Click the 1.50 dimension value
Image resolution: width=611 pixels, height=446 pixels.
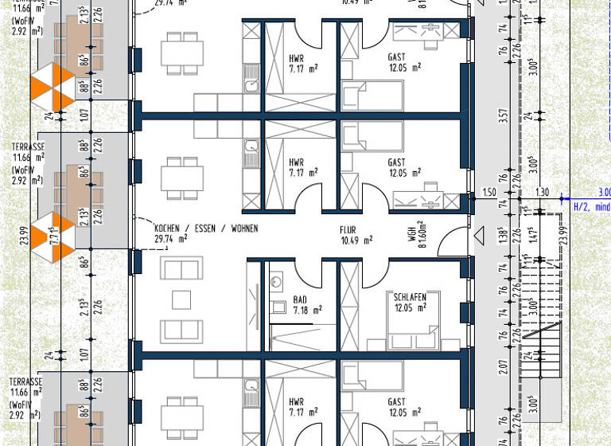pyautogui.click(x=490, y=193)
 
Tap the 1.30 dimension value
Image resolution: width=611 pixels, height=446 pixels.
pyautogui.click(x=541, y=193)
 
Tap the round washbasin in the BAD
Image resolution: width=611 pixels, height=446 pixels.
pyautogui.click(x=276, y=281)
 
